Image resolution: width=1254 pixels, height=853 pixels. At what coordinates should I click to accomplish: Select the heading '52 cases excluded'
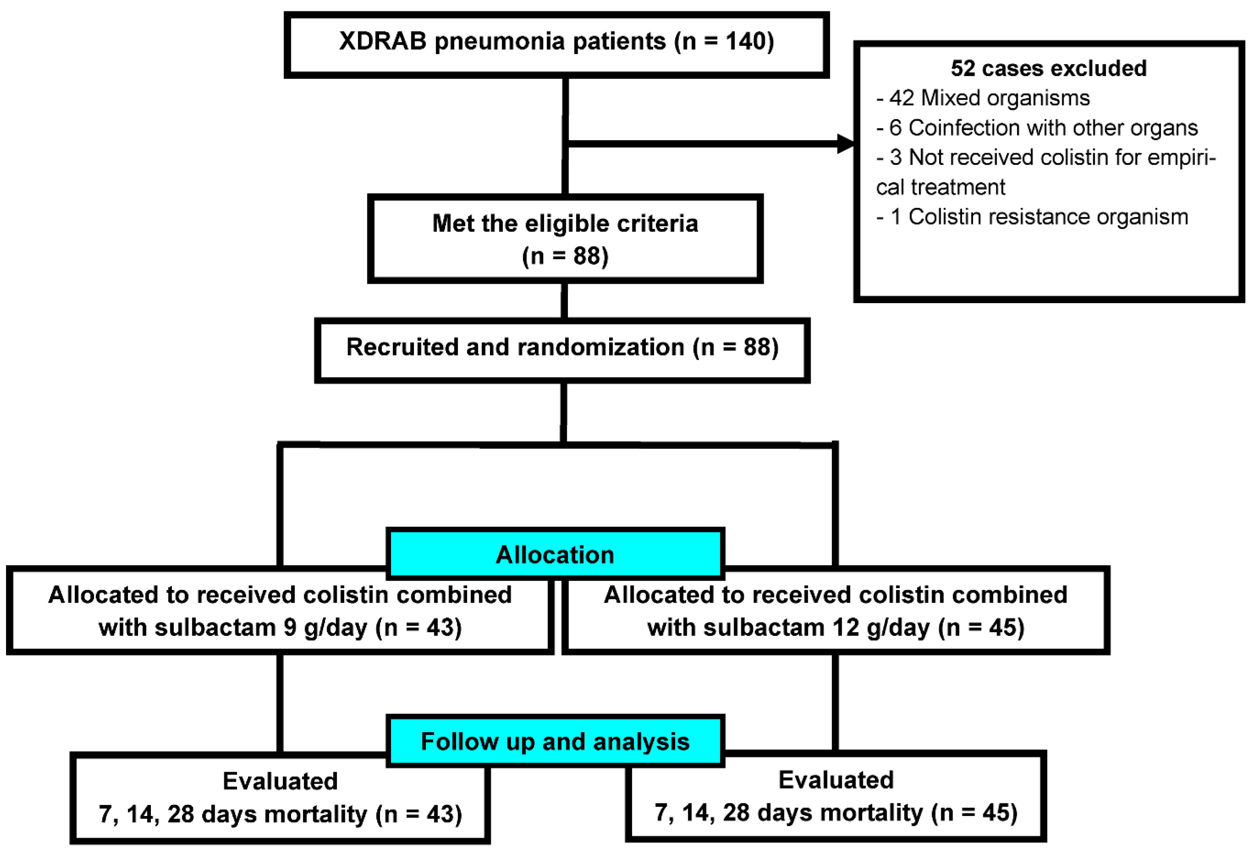click(1048, 69)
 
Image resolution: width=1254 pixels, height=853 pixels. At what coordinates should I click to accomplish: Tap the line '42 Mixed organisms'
click(989, 98)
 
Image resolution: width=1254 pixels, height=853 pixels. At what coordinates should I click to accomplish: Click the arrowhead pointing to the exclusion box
click(845, 144)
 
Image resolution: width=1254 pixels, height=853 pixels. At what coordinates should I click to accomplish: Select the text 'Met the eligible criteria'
click(565, 224)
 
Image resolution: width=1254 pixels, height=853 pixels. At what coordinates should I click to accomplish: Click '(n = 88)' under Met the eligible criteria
click(565, 255)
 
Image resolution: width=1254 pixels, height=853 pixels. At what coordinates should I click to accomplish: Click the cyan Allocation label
click(555, 555)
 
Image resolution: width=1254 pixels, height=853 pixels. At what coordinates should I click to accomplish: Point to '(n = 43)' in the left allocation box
click(419, 627)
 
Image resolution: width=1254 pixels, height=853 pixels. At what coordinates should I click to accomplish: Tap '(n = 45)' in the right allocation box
click(980, 627)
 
